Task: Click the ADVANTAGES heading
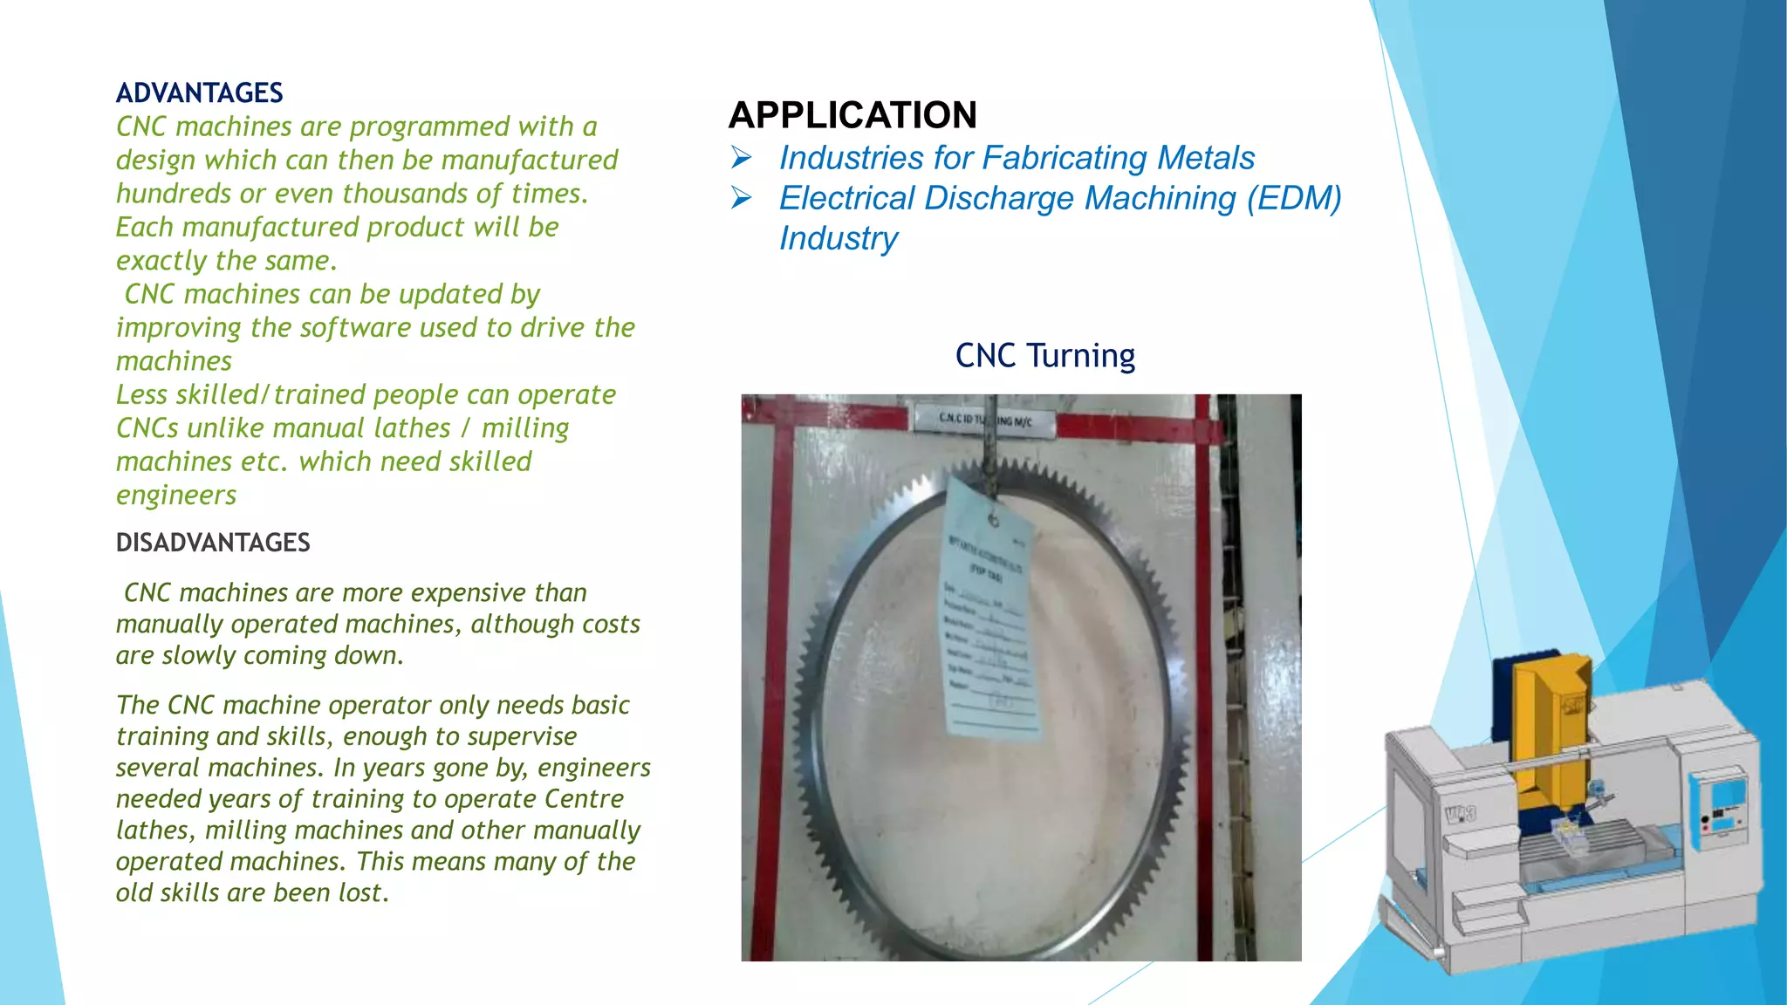(x=200, y=92)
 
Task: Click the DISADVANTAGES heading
(x=213, y=543)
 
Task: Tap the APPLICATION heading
(x=852, y=115)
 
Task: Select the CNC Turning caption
(x=1044, y=356)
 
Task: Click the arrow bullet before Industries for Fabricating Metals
(x=742, y=158)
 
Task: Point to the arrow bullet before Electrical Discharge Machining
(x=742, y=198)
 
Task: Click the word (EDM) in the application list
(x=1294, y=198)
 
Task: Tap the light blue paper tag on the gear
(x=990, y=611)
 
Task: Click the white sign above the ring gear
(x=983, y=420)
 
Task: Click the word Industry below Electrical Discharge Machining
(x=838, y=238)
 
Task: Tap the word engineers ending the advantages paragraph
(x=176, y=495)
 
